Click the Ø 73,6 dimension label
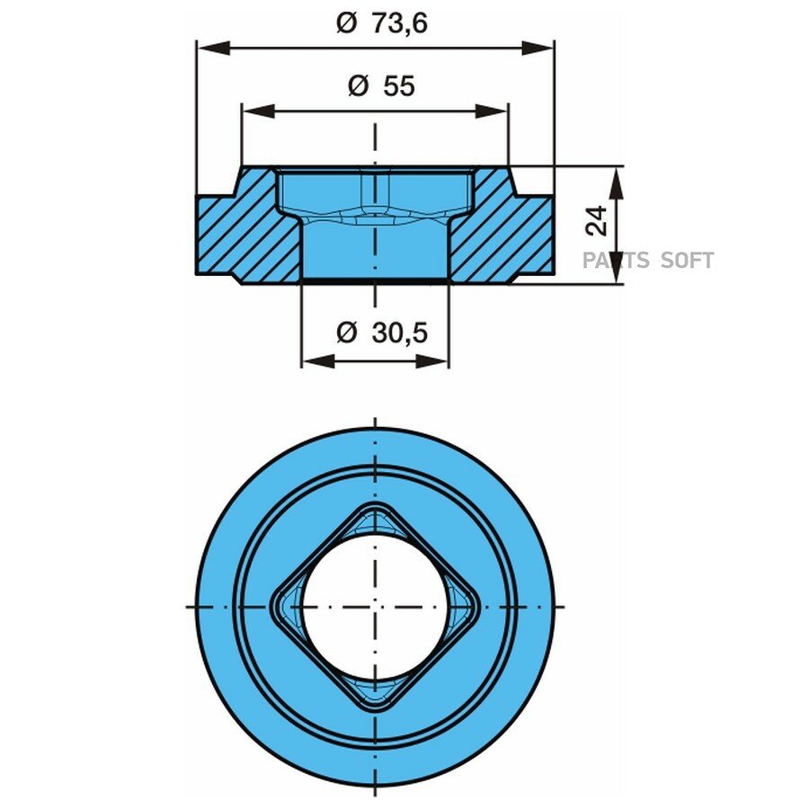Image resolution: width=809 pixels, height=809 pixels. point(382,23)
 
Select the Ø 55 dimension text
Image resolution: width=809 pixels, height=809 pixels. point(381,85)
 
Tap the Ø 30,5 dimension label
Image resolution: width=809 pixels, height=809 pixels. point(382,333)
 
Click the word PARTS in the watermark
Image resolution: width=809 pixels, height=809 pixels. point(615,261)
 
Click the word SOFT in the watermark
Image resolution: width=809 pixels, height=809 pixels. point(687,261)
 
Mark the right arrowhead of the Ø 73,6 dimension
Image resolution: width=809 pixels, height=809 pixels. point(538,49)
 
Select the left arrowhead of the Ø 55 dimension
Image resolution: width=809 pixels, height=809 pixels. point(258,111)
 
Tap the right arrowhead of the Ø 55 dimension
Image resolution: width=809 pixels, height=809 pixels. point(493,111)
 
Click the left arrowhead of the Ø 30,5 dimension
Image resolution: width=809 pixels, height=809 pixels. point(318,361)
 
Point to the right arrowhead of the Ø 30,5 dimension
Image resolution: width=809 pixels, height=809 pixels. point(432,361)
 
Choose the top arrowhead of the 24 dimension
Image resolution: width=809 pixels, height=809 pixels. point(616,182)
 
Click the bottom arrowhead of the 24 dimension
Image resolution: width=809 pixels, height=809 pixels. point(616,267)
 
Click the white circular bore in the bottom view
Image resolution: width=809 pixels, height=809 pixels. point(375,607)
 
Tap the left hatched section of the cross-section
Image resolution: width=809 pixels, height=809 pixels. point(248,225)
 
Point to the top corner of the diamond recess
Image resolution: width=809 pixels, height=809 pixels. point(375,502)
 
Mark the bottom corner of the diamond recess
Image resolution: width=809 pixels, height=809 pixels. point(375,712)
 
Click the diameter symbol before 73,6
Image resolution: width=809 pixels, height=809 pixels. point(346,23)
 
